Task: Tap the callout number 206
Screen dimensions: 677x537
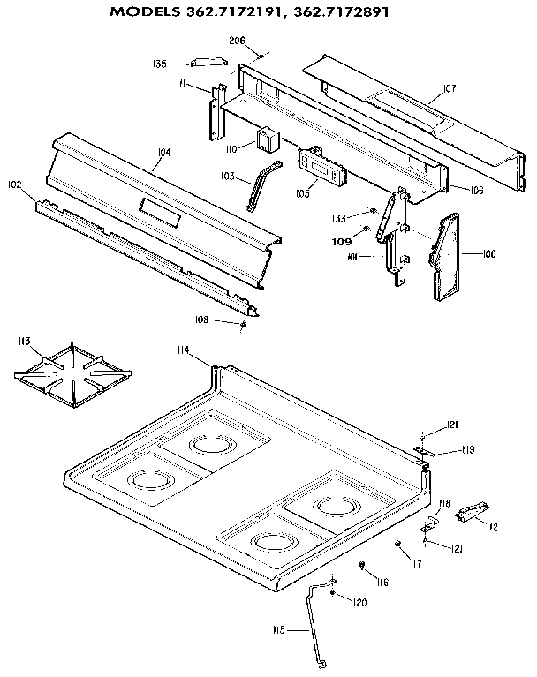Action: click(237, 41)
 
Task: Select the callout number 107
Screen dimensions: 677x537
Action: click(449, 88)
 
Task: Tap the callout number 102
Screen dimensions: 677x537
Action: click(14, 184)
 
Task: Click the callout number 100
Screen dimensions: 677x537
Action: click(488, 254)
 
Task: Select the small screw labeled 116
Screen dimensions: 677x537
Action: click(363, 565)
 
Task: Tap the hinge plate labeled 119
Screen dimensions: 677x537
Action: click(427, 451)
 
